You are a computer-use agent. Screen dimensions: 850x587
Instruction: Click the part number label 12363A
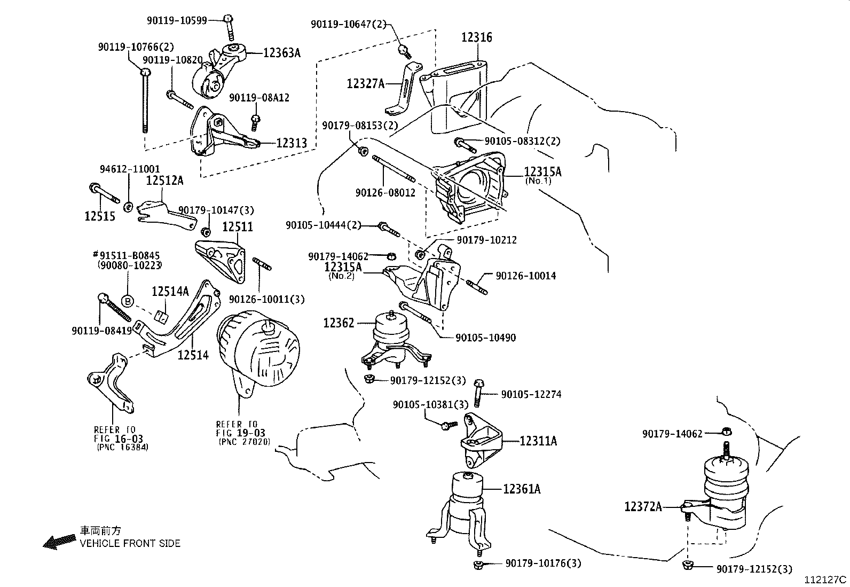pos(281,53)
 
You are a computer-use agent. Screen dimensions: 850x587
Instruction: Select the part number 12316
pos(477,37)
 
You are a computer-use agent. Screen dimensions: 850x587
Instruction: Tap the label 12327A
pos(366,83)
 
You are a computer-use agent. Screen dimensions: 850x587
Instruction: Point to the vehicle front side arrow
pos(59,541)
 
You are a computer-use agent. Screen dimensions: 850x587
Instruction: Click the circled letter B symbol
pos(128,301)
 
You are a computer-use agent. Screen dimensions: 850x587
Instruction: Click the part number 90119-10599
pos(177,20)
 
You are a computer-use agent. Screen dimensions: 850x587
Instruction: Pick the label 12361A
pos(522,489)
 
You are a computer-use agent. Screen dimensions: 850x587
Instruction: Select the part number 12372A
pos(643,506)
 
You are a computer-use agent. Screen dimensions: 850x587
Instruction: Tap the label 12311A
pos(538,441)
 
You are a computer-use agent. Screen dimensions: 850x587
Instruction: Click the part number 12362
pos(339,323)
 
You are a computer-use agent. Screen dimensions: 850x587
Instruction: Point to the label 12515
pos(100,216)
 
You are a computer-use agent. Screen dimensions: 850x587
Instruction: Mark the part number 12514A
pos(170,291)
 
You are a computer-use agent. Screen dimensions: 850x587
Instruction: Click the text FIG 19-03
pos(241,433)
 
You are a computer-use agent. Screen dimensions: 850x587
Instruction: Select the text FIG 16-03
pos(119,439)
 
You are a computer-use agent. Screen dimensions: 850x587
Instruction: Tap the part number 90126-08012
pos(385,192)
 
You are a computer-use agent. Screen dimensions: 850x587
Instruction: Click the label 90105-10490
pos(486,338)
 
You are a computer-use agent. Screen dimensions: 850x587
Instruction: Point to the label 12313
pos(292,143)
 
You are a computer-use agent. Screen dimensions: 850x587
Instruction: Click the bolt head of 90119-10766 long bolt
pos(145,72)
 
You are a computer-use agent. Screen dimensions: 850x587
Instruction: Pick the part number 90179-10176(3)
pos(543,563)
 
